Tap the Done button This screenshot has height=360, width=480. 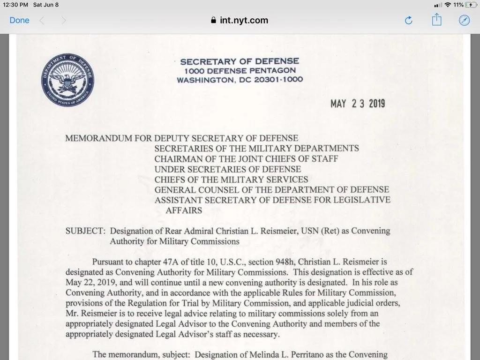point(19,20)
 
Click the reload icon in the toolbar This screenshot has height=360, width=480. point(408,20)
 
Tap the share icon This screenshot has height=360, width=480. point(436,20)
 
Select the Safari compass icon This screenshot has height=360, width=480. point(464,20)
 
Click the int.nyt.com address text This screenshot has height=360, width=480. point(244,20)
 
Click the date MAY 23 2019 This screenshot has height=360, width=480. point(357,104)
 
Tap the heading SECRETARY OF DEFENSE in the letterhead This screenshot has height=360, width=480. point(240,61)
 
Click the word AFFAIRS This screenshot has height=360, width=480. point(184,210)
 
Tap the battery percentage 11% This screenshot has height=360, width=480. point(458,5)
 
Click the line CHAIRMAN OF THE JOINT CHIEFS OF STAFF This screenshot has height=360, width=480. point(246,159)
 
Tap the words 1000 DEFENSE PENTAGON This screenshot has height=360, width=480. point(240,71)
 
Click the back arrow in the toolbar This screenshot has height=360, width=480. point(42,20)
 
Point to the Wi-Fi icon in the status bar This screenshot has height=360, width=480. point(448,5)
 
